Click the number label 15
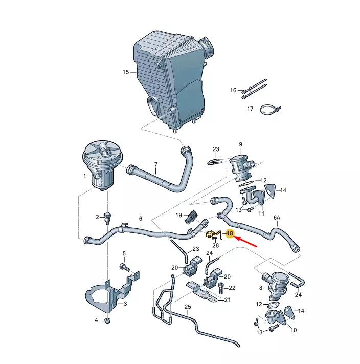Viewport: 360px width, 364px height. tap(126, 72)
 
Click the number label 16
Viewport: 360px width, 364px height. tap(233, 90)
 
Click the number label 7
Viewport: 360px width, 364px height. tap(155, 165)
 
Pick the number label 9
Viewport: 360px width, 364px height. tap(240, 145)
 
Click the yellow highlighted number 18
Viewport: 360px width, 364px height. tap(230, 234)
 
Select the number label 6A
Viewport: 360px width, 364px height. tap(277, 218)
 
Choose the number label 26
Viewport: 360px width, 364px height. tap(215, 245)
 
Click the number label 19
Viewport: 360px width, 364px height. tap(179, 215)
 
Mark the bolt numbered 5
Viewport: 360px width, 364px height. tap(123, 267)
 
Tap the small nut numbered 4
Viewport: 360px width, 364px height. tap(107, 321)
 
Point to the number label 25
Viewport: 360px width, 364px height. tap(188, 307)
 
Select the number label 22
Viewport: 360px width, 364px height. tap(232, 288)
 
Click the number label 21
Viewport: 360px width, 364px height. tap(228, 301)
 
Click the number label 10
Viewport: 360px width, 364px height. tap(293, 330)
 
